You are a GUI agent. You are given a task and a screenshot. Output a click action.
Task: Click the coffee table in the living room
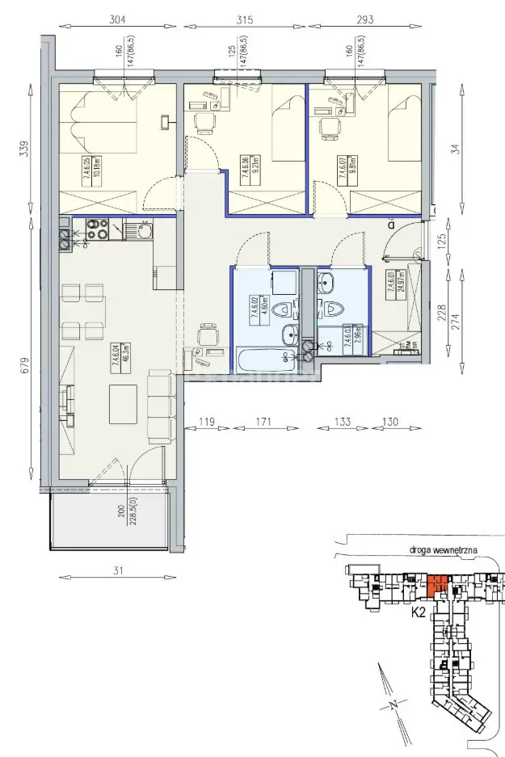click(x=125, y=402)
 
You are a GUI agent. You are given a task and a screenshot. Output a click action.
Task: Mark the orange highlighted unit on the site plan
click(x=438, y=584)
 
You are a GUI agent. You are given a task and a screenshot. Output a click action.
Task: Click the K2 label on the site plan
click(x=419, y=612)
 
